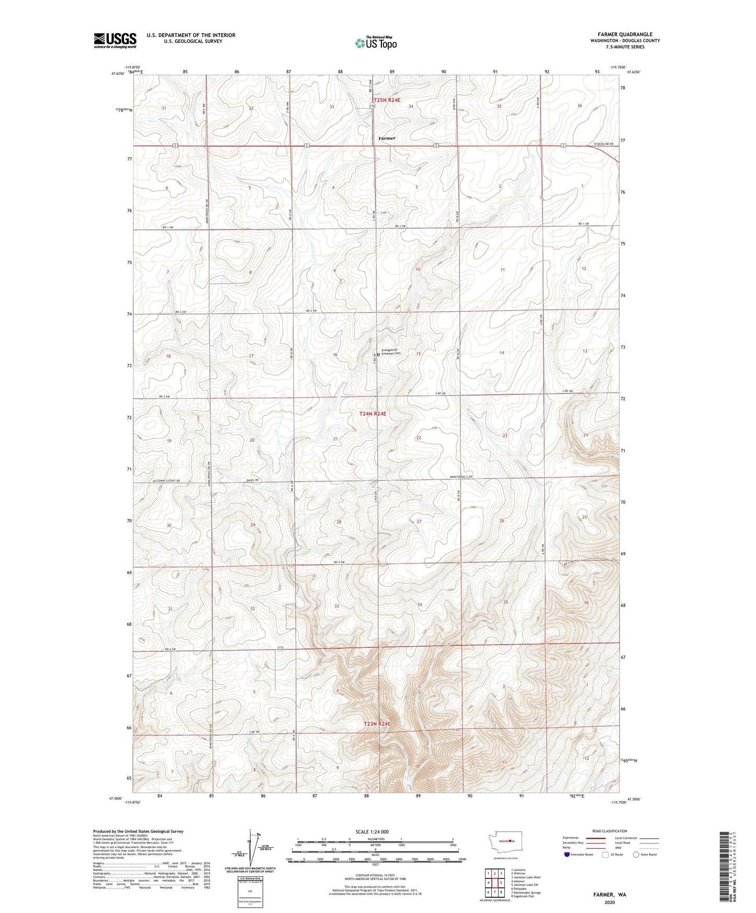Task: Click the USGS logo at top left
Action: coord(115,40)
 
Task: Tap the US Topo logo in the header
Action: coord(376,43)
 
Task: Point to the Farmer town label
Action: coord(387,138)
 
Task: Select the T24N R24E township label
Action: coord(373,414)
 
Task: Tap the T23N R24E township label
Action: coord(377,724)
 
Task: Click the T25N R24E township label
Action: coord(387,100)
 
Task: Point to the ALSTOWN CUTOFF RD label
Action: coord(166,480)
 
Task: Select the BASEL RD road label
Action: coord(253,480)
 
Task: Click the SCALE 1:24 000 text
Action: coord(371,831)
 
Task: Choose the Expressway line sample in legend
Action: coord(595,838)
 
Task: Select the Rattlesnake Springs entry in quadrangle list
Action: coord(526,893)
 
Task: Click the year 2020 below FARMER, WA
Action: coord(610,903)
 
